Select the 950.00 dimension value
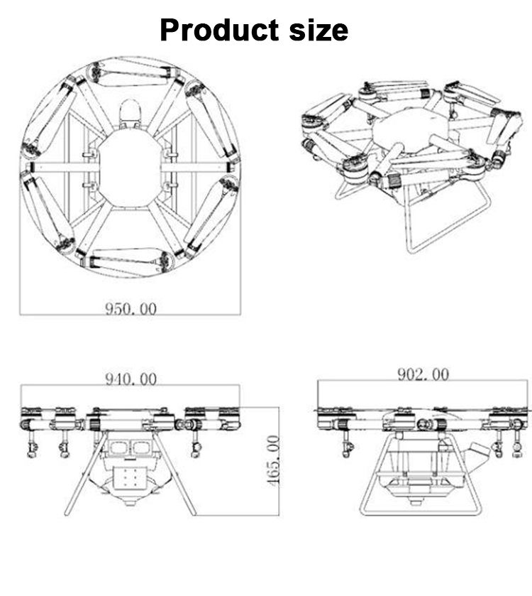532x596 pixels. (x=131, y=308)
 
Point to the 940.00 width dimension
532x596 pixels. (x=131, y=379)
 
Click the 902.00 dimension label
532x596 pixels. (x=423, y=374)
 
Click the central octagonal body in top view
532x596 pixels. (x=130, y=168)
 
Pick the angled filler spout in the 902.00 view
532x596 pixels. (x=477, y=449)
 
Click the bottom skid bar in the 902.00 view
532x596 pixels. (x=423, y=511)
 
